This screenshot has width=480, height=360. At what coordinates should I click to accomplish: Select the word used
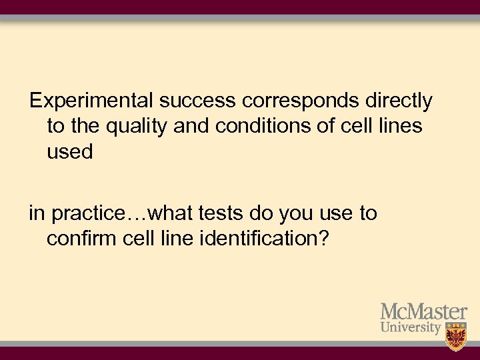[69, 151]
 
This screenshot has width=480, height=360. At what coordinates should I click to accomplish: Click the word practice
[89, 214]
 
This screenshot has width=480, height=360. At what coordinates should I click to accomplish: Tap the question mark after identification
[323, 239]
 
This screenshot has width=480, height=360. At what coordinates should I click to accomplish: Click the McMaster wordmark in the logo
[423, 311]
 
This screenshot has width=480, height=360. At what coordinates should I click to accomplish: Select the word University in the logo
[411, 328]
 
